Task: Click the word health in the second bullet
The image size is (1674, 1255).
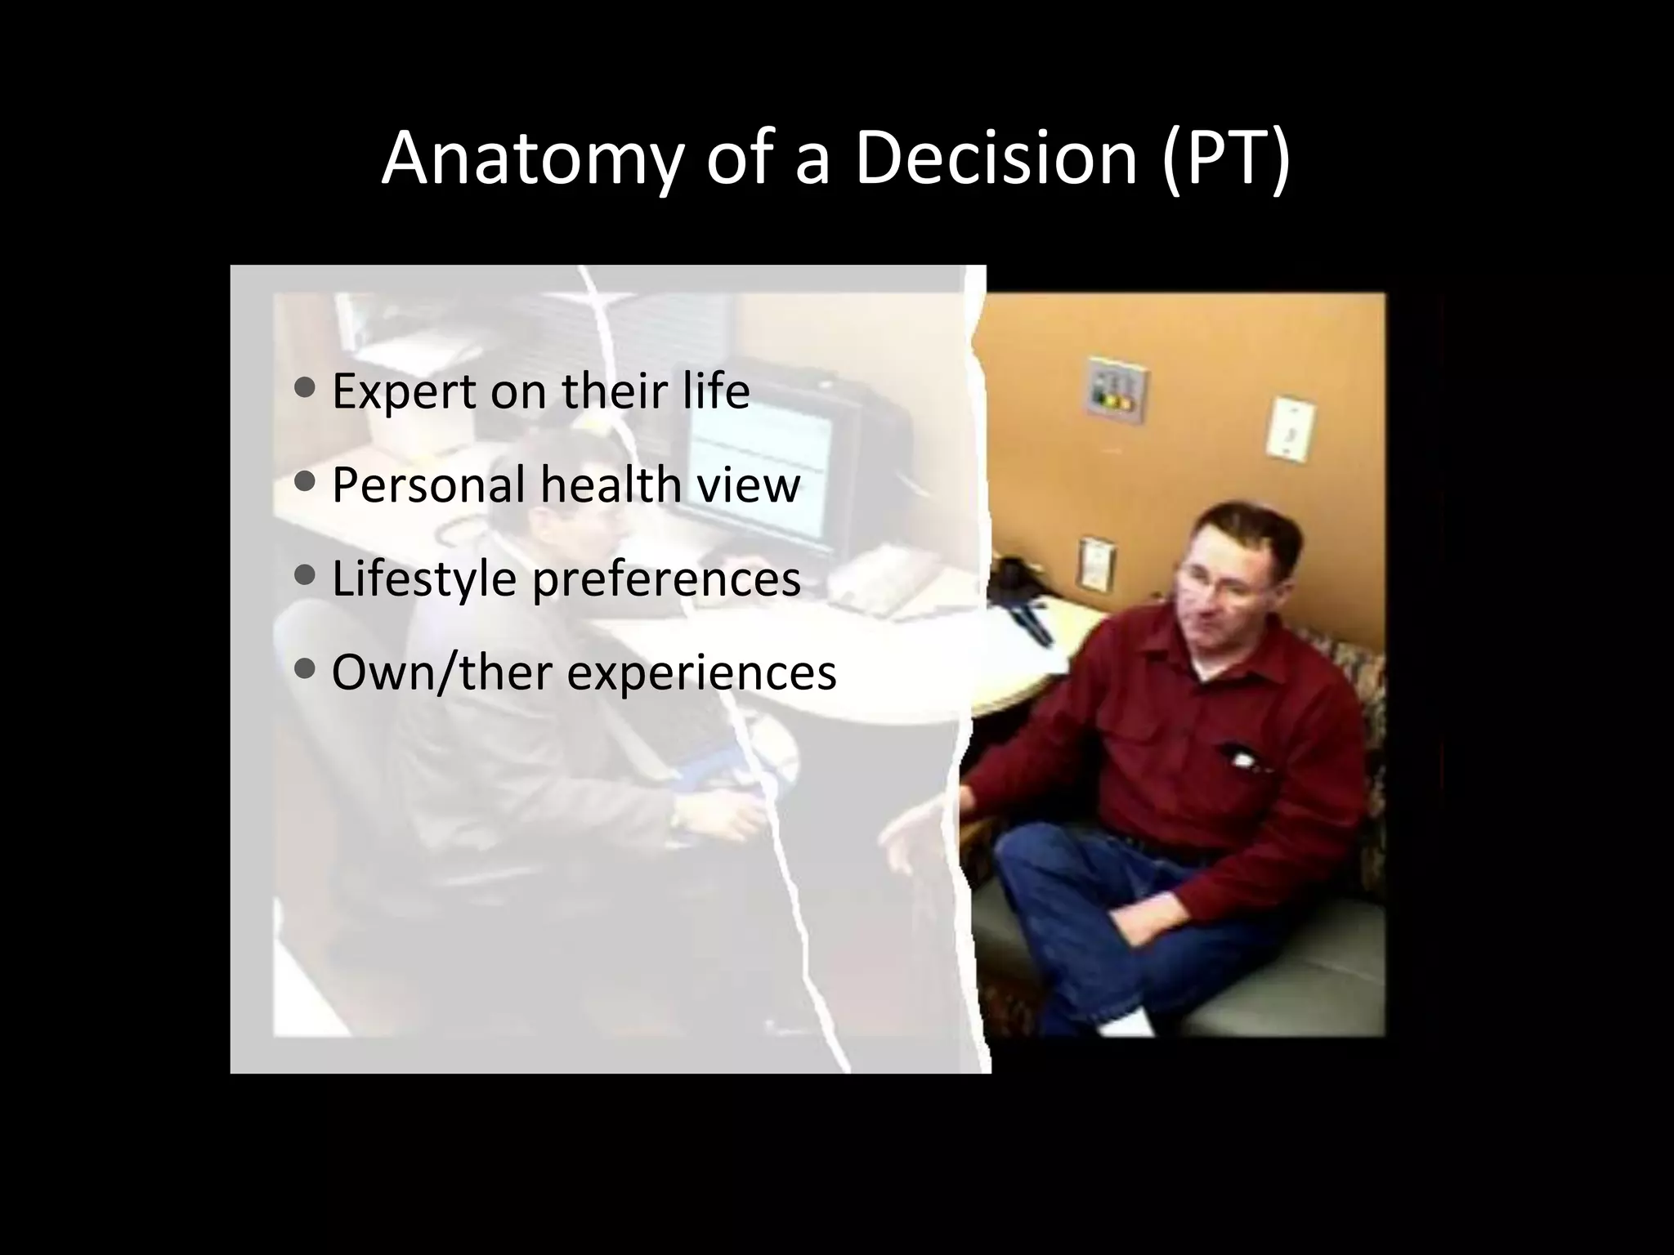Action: point(611,485)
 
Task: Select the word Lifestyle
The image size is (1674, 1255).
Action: point(424,578)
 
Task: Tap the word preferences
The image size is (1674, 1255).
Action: point(666,578)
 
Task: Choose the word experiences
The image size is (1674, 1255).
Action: point(702,672)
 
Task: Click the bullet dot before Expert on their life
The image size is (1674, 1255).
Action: point(304,388)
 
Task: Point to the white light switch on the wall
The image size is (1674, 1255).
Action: point(1290,427)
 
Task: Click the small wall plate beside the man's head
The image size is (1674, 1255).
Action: point(1094,563)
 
